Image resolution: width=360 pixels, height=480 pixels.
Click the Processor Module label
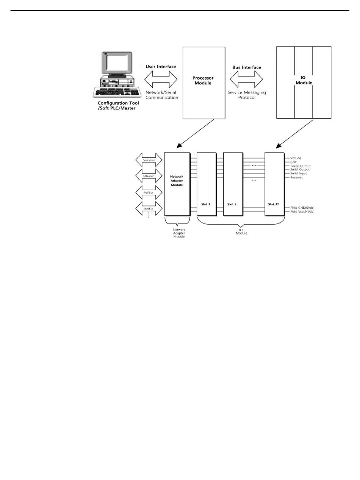(x=203, y=80)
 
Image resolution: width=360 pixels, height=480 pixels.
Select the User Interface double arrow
(x=161, y=79)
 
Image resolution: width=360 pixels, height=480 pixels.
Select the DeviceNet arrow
(x=149, y=160)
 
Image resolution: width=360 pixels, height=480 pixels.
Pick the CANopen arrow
(x=149, y=176)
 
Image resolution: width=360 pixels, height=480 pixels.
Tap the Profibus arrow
(x=149, y=192)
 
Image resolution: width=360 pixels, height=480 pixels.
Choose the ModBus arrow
(x=149, y=209)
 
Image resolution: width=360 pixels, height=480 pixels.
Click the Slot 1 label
(x=206, y=204)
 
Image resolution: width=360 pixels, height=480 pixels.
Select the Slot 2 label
(x=232, y=204)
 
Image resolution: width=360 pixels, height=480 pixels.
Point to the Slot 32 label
(x=273, y=204)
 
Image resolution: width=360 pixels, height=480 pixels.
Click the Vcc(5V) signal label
(x=296, y=158)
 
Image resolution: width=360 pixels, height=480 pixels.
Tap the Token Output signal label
(x=300, y=166)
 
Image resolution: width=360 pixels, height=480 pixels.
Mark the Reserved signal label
(x=297, y=177)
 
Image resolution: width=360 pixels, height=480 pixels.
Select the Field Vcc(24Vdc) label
(x=302, y=212)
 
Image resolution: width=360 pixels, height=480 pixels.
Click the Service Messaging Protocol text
(x=247, y=95)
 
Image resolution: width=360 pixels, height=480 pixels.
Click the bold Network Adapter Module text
(x=177, y=181)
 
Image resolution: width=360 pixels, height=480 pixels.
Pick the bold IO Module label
(x=304, y=80)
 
